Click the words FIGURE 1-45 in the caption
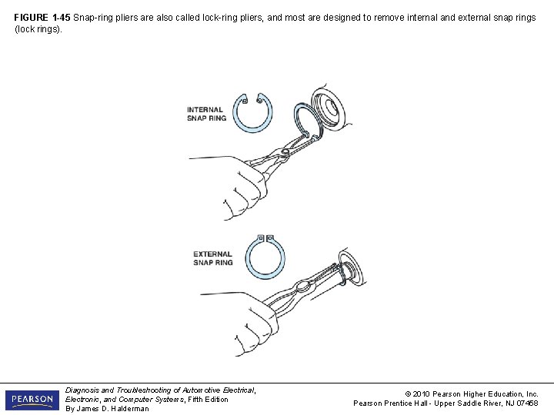click(x=42, y=17)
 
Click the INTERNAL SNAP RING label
click(x=206, y=114)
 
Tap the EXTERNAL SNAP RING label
click(x=213, y=258)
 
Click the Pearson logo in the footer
click(x=32, y=400)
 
